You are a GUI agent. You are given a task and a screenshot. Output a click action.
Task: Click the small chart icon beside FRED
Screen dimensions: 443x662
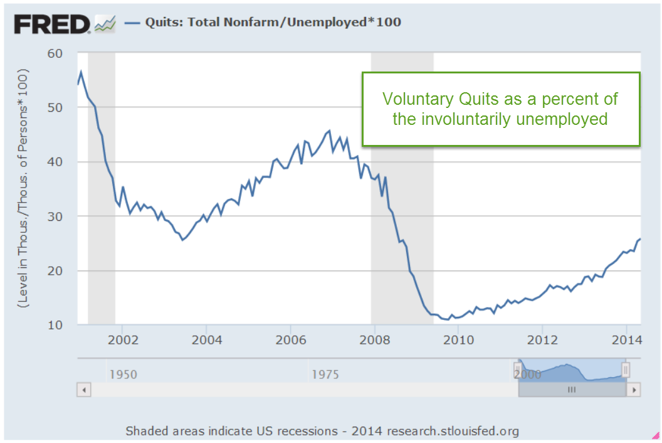coord(105,24)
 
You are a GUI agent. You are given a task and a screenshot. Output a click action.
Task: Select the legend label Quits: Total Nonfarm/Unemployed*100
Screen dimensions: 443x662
coord(273,23)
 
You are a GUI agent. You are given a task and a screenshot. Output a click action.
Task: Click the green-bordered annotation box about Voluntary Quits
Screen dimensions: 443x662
coord(500,109)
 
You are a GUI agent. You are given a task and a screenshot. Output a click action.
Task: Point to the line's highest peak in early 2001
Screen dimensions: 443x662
coord(81,72)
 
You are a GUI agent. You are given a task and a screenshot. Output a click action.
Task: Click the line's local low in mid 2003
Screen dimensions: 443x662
coord(182,240)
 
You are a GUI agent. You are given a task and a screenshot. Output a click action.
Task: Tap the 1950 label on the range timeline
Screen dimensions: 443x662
coord(123,375)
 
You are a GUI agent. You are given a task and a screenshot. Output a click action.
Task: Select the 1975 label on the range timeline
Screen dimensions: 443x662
coord(325,375)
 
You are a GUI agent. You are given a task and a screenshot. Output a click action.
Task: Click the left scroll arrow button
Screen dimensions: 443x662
coord(83,390)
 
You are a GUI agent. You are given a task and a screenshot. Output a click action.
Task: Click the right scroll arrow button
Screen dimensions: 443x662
coord(634,390)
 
